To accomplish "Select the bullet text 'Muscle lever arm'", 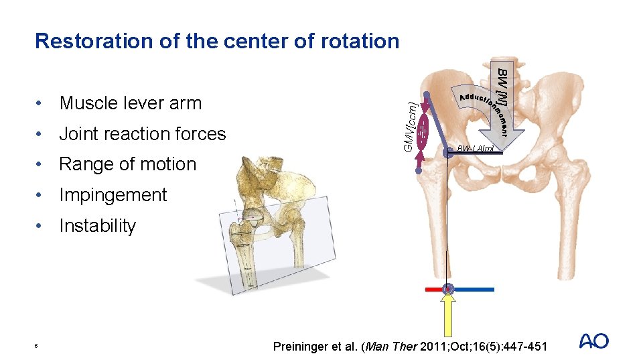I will (x=130, y=103).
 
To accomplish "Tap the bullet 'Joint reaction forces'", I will (x=142, y=134).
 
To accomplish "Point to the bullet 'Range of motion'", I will (x=127, y=164).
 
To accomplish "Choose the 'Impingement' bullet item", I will (x=113, y=195).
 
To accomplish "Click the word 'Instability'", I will (x=97, y=226).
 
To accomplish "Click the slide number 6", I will (x=37, y=346).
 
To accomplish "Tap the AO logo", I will (x=593, y=341).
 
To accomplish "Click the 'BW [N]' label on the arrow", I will (x=503, y=87).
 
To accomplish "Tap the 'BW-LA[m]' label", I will (x=475, y=148).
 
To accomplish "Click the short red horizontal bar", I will (x=433, y=290).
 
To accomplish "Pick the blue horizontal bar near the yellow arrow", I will (x=474, y=290).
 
